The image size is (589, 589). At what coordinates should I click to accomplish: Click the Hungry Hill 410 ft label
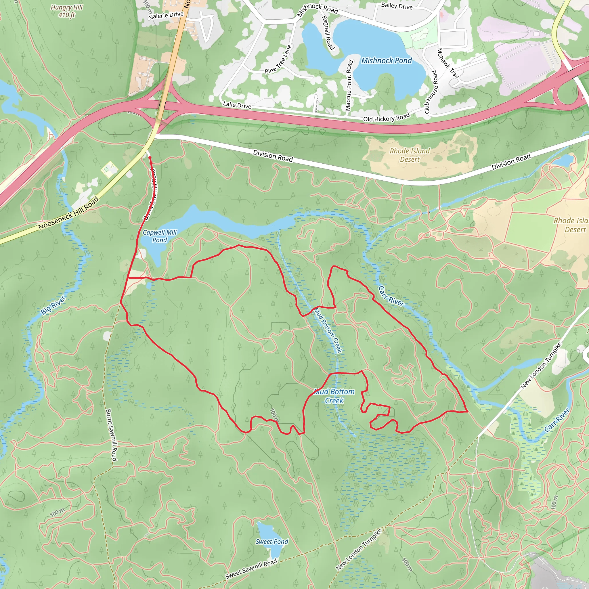point(67,11)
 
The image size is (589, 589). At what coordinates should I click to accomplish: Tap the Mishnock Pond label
point(386,61)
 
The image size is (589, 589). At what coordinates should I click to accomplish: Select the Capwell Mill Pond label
point(159,236)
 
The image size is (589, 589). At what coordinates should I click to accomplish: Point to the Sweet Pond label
point(271,542)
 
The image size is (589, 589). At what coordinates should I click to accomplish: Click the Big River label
point(53,305)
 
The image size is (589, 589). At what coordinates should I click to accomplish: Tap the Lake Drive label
point(237,105)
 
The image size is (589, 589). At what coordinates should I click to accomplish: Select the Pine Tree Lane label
point(278,60)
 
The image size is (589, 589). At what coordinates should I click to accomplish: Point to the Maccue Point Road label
point(349,85)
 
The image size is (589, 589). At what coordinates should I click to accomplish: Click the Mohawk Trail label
point(448,63)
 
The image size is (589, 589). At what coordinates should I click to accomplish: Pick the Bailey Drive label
point(397,6)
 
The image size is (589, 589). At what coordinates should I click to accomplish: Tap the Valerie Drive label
point(167,15)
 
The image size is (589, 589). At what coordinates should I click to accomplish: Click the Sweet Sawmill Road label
point(251,569)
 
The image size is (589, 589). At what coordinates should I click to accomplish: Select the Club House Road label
point(431,92)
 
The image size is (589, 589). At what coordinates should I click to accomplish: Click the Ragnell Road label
point(328,32)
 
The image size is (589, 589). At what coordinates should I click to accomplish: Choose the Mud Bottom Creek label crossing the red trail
point(334,396)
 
